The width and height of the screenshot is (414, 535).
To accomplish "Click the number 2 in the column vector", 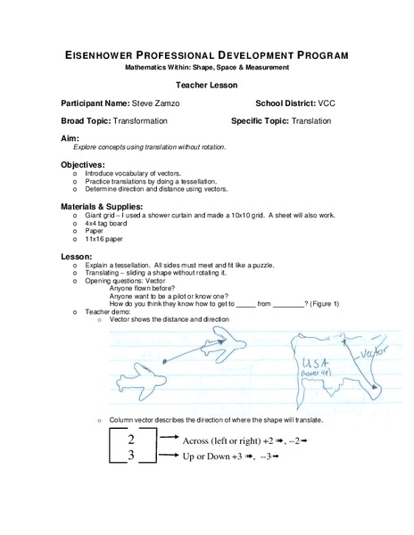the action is coord(131,440).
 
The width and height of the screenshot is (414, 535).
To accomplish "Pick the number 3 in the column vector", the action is coord(131,457).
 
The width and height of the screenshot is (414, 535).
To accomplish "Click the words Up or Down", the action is coord(205,457).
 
